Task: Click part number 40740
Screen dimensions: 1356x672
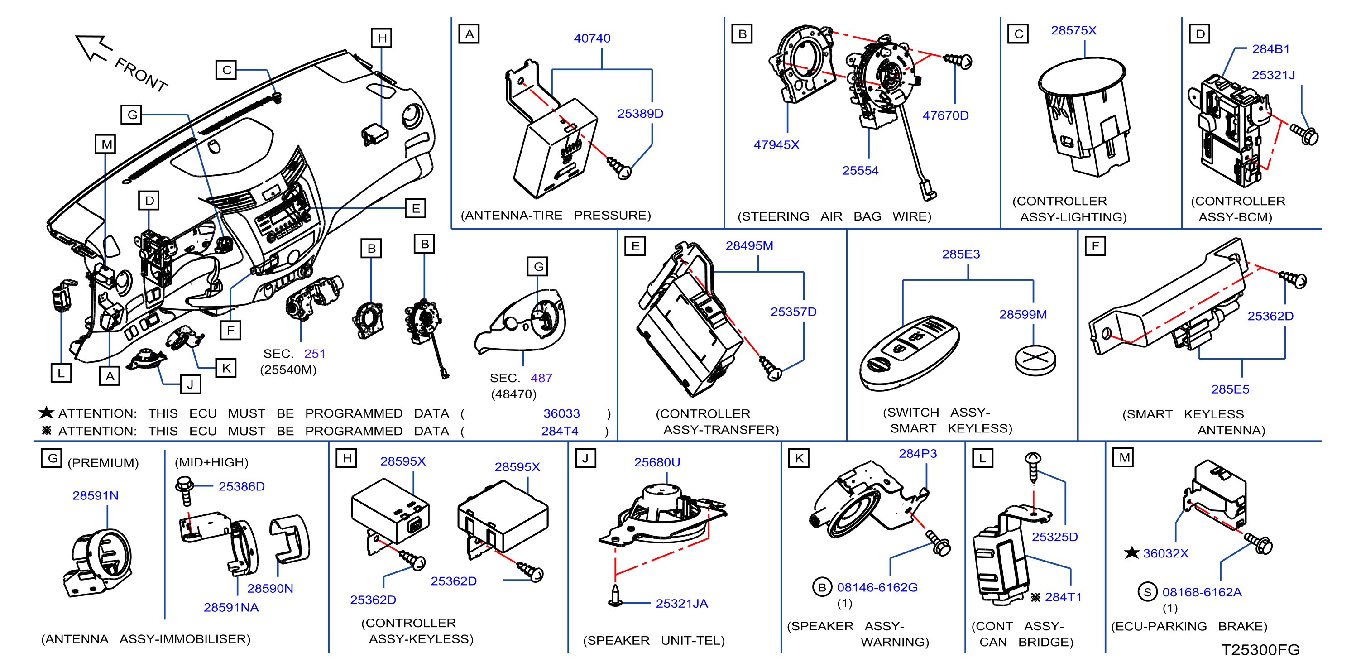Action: [x=592, y=38]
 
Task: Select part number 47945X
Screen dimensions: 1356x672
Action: [x=776, y=145]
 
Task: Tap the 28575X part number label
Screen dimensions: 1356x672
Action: [x=1073, y=30]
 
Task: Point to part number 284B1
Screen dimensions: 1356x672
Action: [x=1271, y=49]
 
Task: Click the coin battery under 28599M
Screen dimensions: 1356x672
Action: [x=1035, y=360]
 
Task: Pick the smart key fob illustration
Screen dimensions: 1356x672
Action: [x=910, y=353]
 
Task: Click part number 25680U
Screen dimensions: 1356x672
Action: [x=657, y=462]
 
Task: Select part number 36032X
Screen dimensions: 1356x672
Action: [x=1165, y=553]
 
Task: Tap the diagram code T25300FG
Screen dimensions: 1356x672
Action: [x=1260, y=650]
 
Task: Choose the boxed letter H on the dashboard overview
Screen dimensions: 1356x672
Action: [x=382, y=38]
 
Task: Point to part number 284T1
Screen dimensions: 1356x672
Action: [x=1063, y=597]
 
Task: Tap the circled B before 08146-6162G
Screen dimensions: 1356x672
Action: [x=822, y=587]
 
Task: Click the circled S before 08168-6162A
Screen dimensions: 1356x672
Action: [x=1148, y=592]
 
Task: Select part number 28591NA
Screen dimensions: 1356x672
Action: [x=231, y=608]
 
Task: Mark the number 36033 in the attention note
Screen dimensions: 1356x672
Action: [x=561, y=414]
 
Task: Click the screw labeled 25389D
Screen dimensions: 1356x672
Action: [x=619, y=168]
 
